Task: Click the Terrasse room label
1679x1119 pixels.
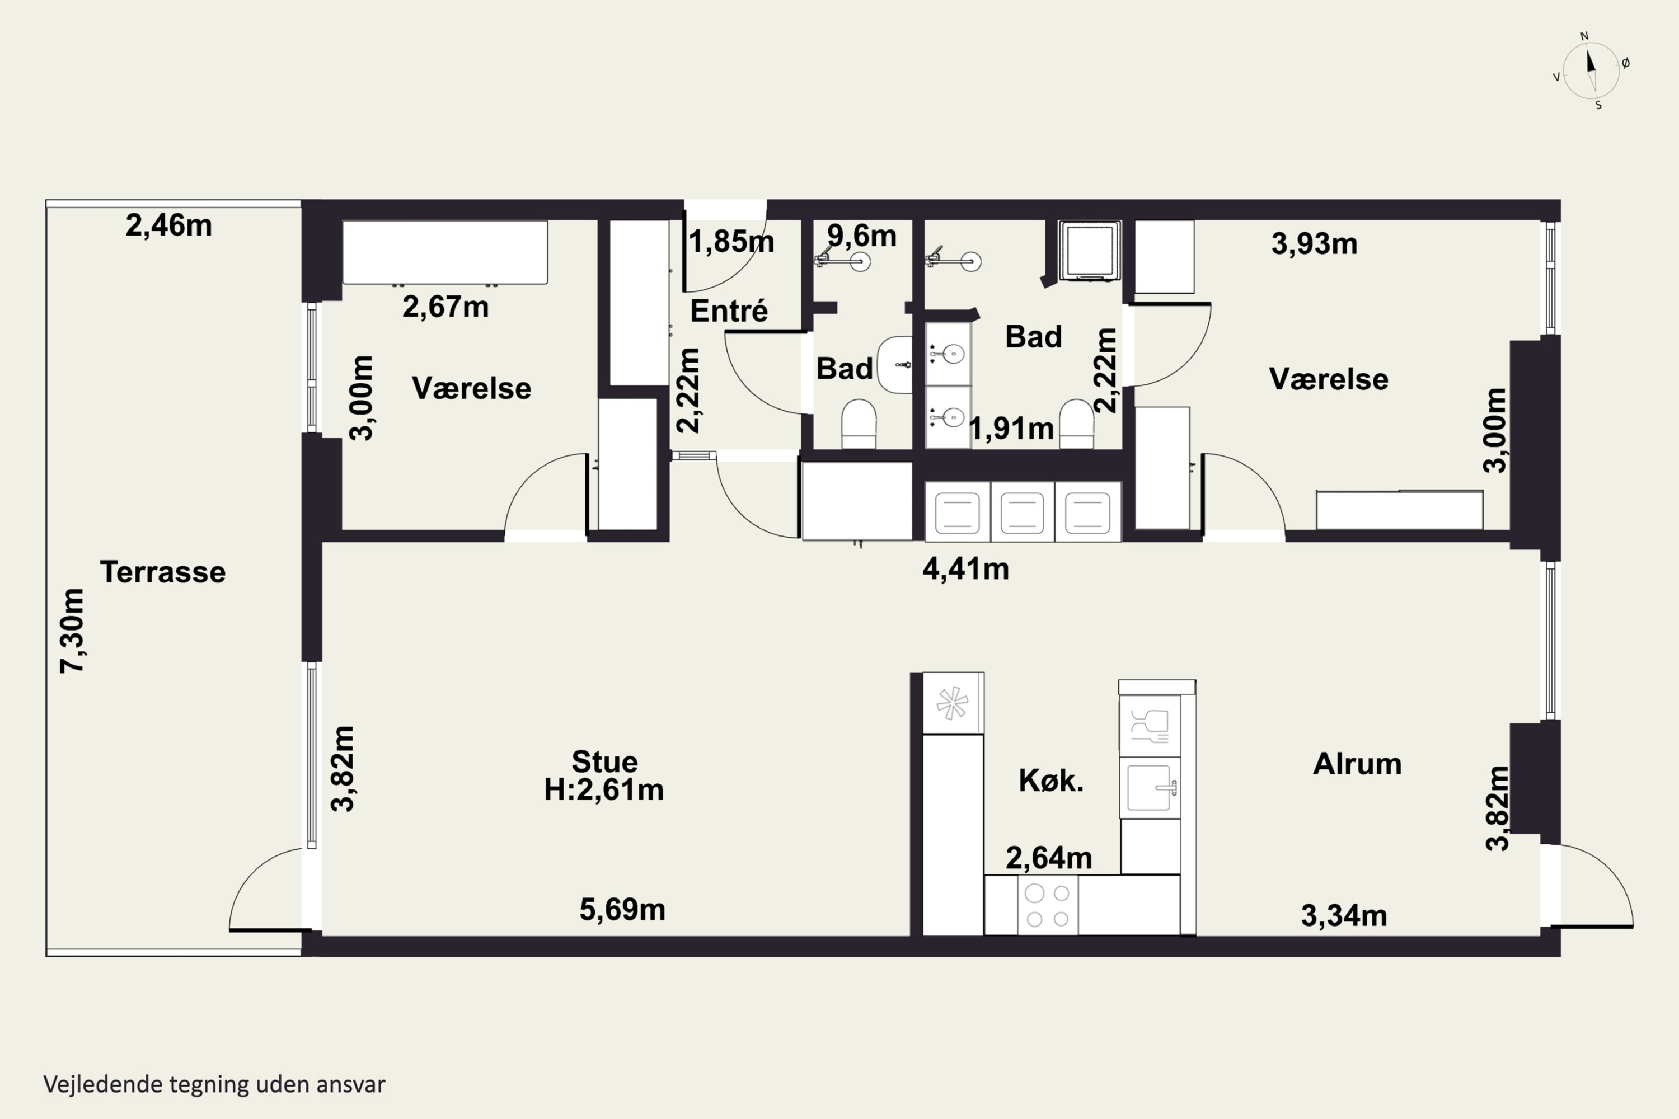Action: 163,572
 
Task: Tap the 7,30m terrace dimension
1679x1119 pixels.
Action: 72,631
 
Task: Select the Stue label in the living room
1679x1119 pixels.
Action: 604,761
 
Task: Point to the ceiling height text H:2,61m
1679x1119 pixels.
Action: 604,789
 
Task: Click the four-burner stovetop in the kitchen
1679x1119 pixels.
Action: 1047,905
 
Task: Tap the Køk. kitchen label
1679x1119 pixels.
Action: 1051,781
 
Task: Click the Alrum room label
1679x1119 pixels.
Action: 1357,764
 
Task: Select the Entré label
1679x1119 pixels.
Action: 729,311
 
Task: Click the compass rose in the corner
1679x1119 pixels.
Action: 1591,70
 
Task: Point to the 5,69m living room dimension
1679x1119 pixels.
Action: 622,910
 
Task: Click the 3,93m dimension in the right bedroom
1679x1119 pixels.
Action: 1314,244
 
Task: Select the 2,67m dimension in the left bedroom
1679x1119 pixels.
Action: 445,307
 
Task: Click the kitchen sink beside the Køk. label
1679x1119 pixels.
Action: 1150,788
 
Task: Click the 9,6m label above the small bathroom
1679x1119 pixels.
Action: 862,236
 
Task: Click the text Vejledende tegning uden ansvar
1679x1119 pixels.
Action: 214,1085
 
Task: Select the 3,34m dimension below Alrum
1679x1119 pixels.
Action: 1344,915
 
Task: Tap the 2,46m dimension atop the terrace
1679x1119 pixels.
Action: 168,225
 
